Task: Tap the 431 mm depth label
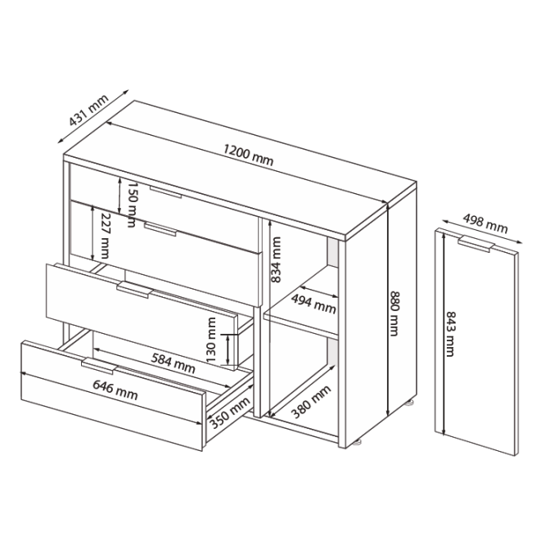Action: (x=88, y=110)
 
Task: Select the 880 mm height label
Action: (x=394, y=313)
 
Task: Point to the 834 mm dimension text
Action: (x=276, y=259)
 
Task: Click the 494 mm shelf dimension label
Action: (x=313, y=304)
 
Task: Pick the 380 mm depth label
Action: (x=311, y=402)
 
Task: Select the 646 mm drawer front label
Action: (x=115, y=390)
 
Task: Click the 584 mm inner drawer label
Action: (x=173, y=363)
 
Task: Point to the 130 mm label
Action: (x=211, y=340)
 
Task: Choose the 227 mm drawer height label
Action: (x=105, y=236)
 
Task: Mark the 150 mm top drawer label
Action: (x=132, y=204)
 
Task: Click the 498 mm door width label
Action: (x=485, y=223)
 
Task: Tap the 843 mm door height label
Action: (x=450, y=334)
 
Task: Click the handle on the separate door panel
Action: (x=476, y=244)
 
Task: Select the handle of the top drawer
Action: (x=165, y=192)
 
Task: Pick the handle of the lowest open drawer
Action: (x=99, y=366)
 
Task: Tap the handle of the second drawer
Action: (x=160, y=229)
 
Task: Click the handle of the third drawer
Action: (x=134, y=290)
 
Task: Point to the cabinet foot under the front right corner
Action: (x=357, y=442)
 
